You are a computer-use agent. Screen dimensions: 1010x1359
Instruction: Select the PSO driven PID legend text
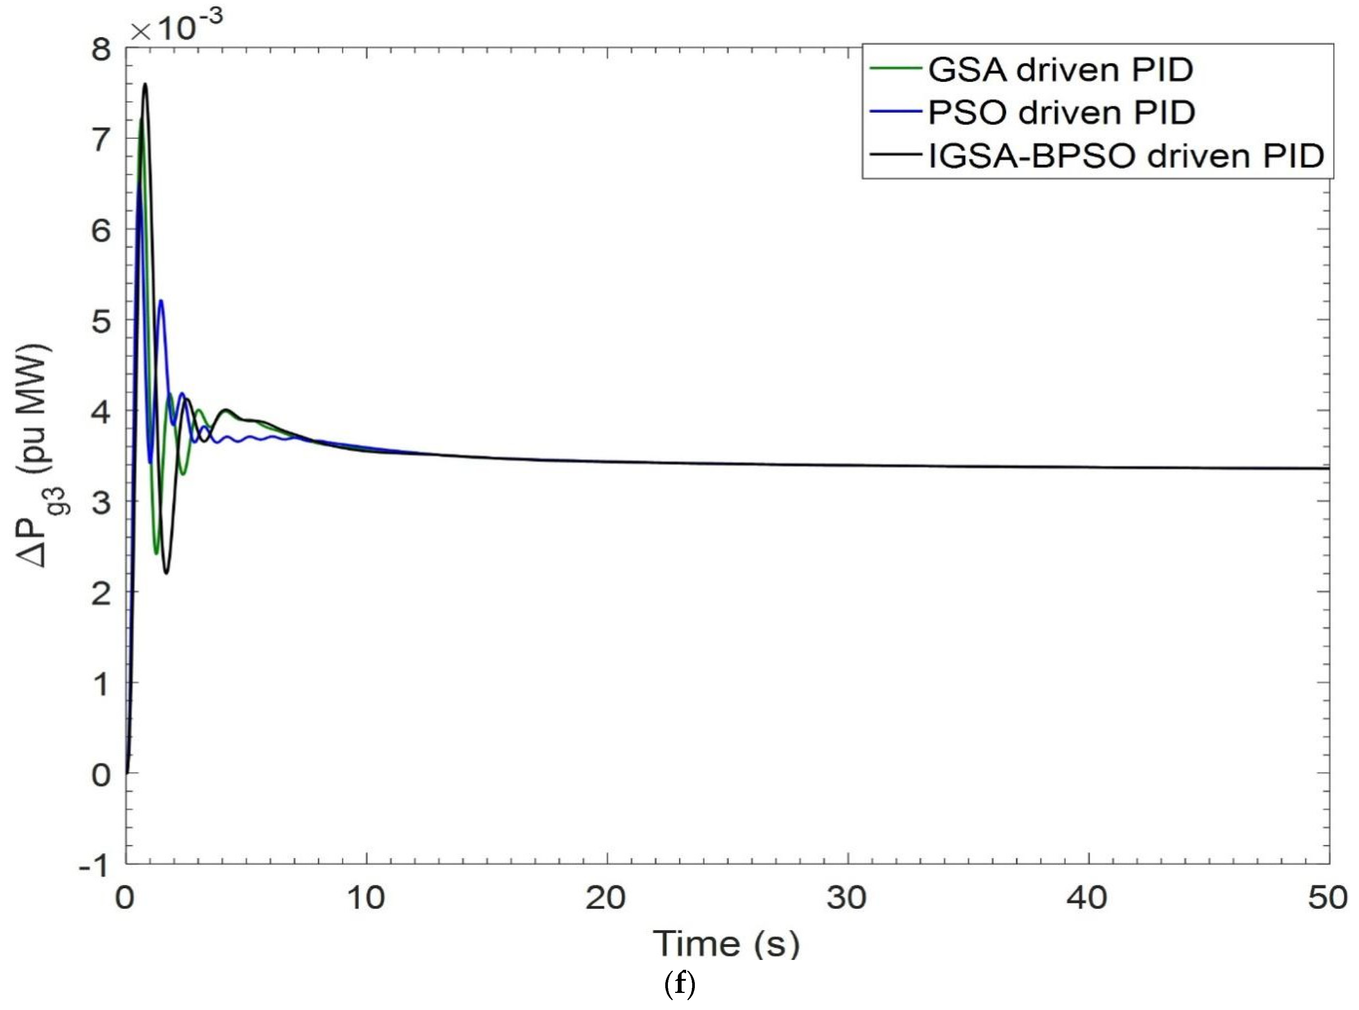pos(1061,113)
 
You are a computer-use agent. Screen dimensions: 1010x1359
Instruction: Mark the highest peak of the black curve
pos(145,84)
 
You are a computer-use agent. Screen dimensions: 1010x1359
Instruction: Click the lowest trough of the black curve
pos(166,573)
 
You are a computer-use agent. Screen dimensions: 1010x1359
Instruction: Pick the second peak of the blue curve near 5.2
pos(161,300)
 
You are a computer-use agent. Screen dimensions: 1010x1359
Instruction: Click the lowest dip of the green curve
pos(156,554)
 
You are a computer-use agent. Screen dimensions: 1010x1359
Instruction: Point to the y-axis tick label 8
pos(102,49)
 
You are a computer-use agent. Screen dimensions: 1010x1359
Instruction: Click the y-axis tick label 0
pos(102,774)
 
